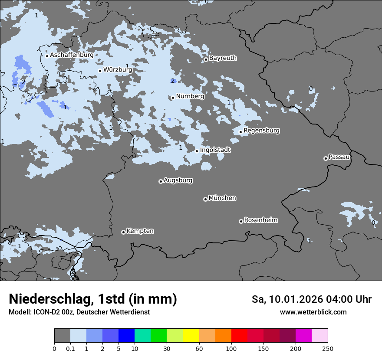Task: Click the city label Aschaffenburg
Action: coord(72,55)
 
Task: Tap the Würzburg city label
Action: coord(118,69)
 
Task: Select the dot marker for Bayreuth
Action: coord(206,60)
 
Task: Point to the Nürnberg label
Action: coord(190,96)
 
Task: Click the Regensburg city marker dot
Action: coord(240,132)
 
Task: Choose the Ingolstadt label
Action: coord(215,150)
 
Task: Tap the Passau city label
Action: coord(339,157)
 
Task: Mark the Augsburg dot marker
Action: coord(161,181)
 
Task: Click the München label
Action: coord(222,198)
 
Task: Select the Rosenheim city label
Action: coord(260,220)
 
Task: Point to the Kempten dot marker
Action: coord(123,232)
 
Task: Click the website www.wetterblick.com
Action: coord(313,312)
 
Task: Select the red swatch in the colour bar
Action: coord(239,336)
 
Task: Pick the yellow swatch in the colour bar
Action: coord(191,336)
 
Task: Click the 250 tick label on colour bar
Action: coord(328,349)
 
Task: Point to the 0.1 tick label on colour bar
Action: coord(70,349)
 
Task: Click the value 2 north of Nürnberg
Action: coord(172,81)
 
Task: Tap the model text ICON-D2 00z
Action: coord(56,312)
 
